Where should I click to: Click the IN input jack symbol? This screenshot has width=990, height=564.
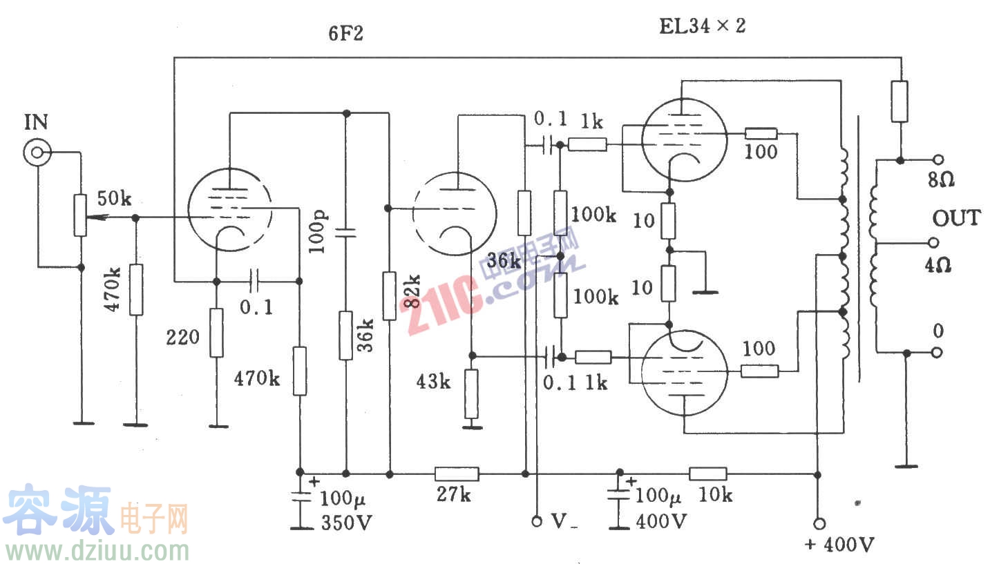[x=36, y=153]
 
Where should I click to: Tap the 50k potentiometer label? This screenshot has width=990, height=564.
[x=114, y=199]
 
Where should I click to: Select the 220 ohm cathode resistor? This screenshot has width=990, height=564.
[x=216, y=333]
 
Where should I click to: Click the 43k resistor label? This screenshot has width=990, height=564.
[x=433, y=381]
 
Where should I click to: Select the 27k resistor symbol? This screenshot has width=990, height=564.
[x=456, y=474]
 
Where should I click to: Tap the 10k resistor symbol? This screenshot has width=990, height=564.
[x=708, y=474]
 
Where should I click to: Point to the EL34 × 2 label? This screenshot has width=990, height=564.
[x=703, y=27]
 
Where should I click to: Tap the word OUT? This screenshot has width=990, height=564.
[x=955, y=219]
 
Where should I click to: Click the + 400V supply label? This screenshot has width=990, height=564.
[x=839, y=545]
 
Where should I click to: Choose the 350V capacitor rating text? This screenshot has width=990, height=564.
[x=346, y=523]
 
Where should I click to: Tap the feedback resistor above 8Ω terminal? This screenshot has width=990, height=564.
[x=899, y=101]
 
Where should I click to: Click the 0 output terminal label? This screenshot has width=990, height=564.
[x=937, y=332]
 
